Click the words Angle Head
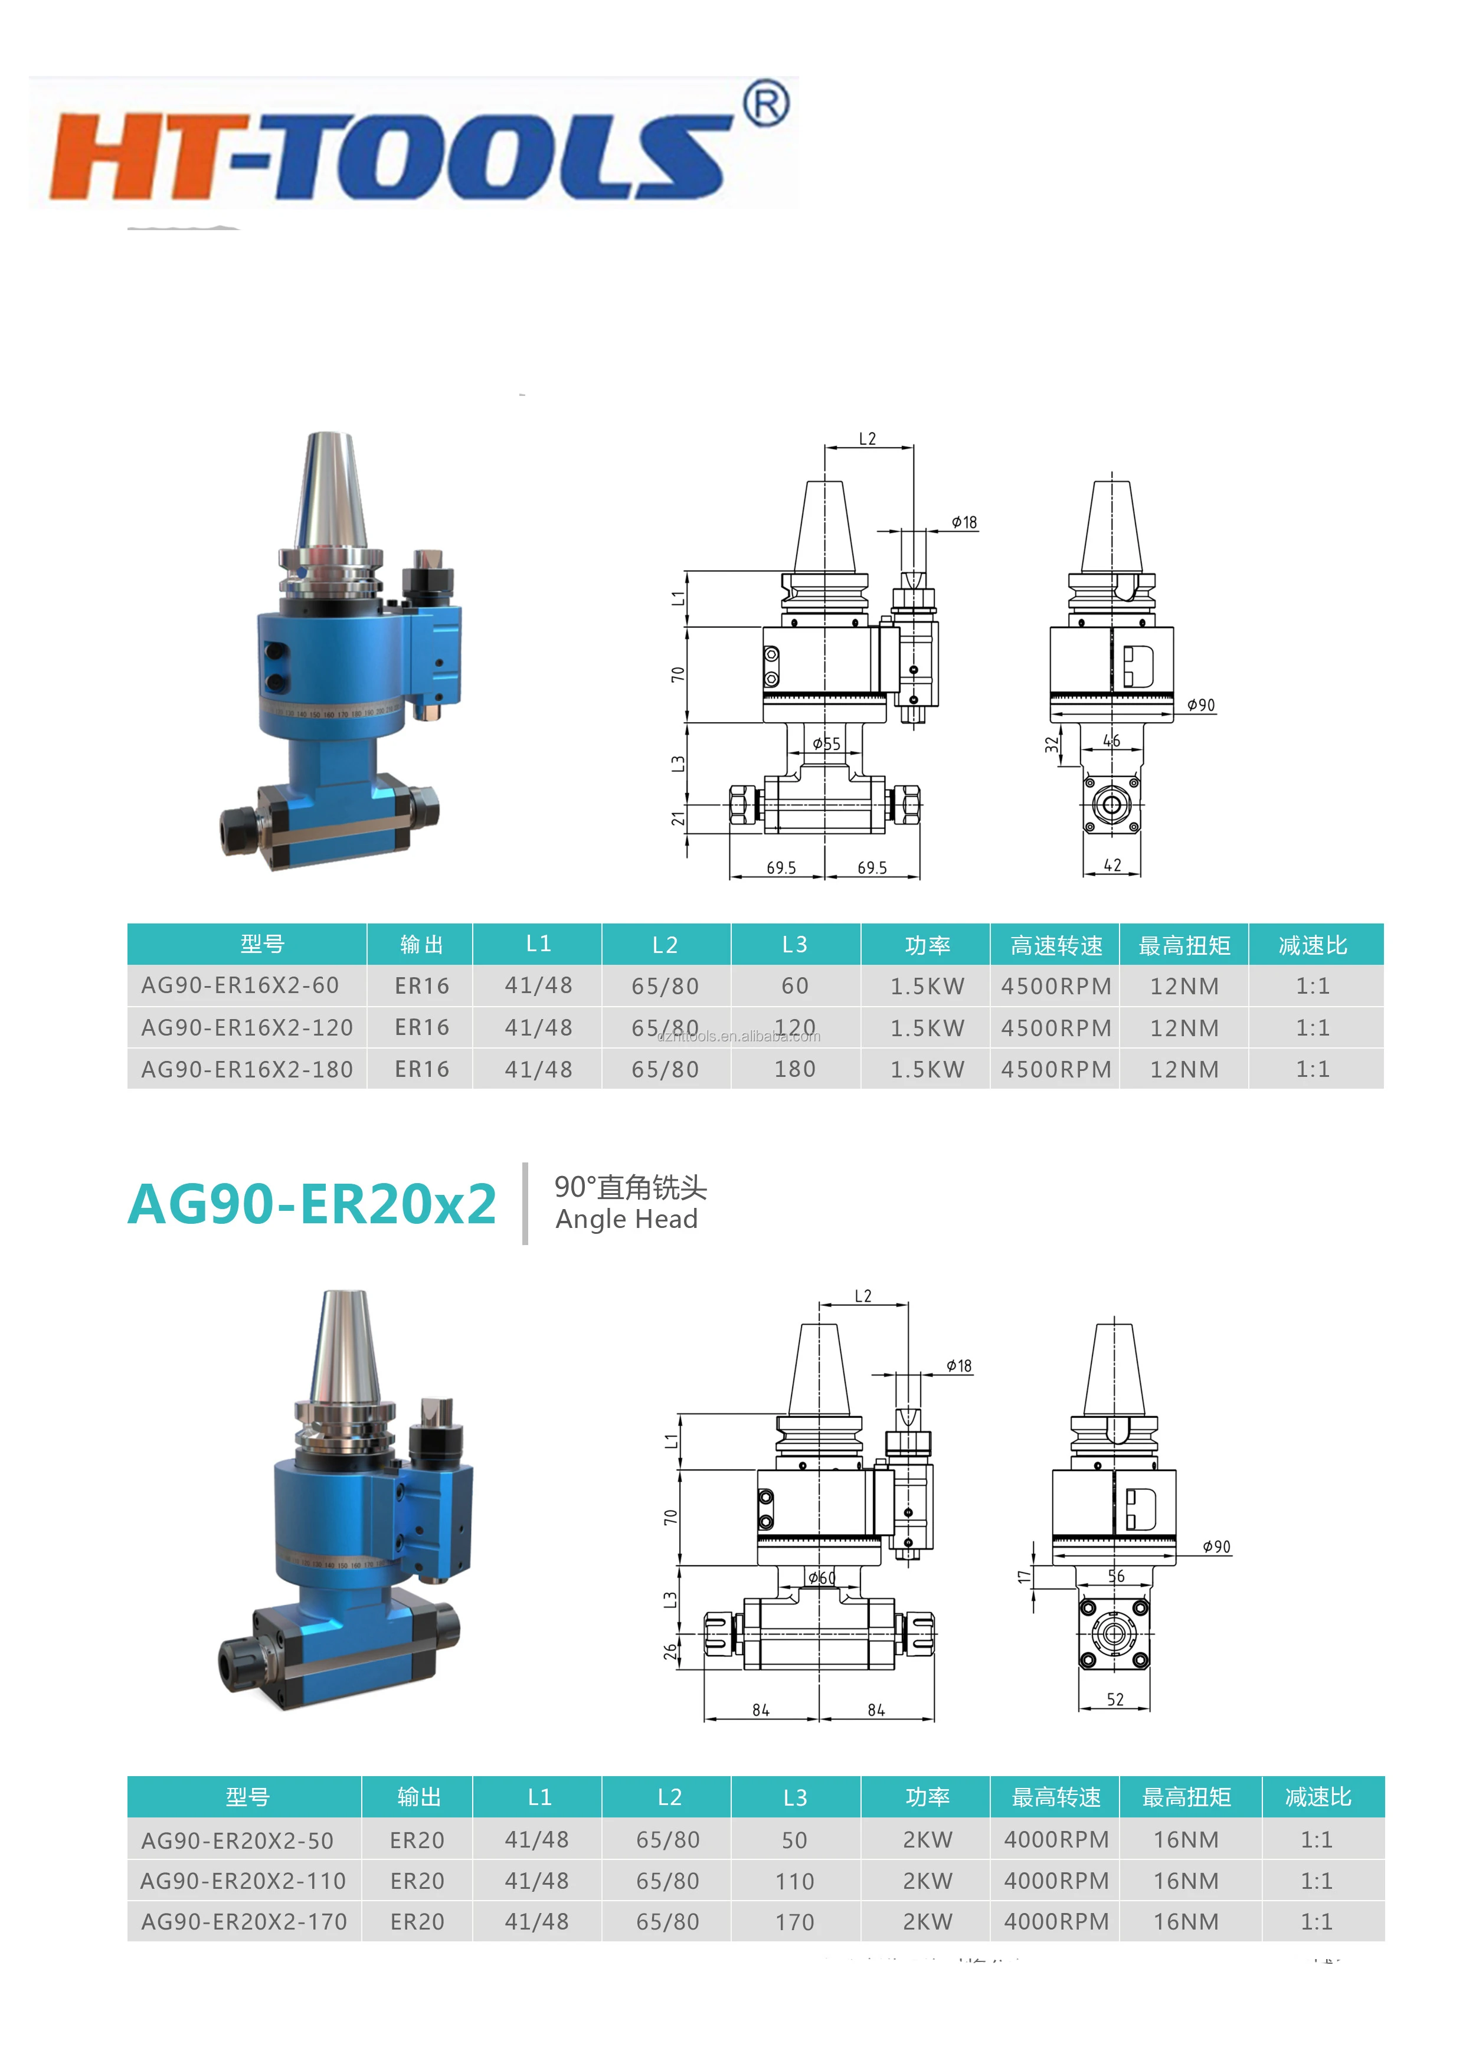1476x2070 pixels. (626, 1220)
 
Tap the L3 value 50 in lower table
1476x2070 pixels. (794, 1840)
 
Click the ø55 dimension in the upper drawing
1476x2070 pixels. (826, 744)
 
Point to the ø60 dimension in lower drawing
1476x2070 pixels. (822, 1578)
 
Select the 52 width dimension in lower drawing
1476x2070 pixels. (1115, 1699)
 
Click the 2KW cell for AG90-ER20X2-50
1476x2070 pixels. (927, 1840)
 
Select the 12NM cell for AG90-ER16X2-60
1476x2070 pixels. (1184, 986)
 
